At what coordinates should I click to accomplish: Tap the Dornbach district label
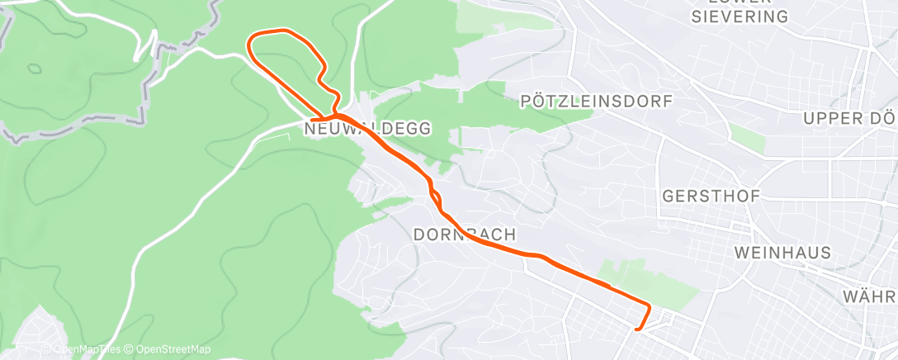[464, 234]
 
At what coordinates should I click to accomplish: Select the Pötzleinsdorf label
[598, 102]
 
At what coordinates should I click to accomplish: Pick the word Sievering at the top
[740, 16]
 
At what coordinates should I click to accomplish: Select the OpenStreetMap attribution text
[168, 350]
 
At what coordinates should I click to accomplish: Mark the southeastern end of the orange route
[636, 329]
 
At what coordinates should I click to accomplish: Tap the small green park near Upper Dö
[748, 137]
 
